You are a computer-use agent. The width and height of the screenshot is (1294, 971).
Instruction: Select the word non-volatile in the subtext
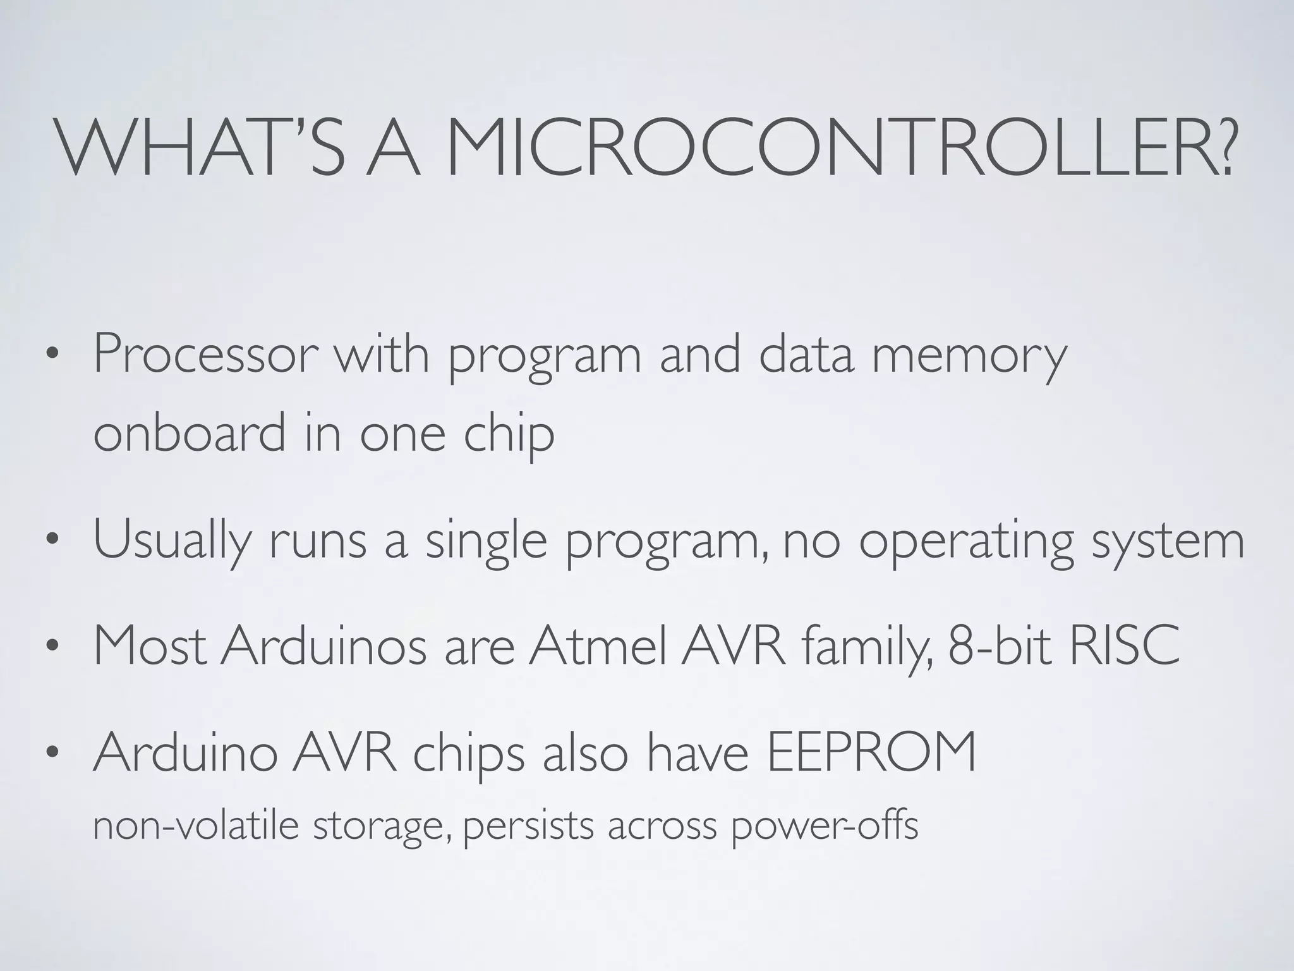point(195,826)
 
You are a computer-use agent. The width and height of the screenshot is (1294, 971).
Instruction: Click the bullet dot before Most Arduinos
point(52,647)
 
